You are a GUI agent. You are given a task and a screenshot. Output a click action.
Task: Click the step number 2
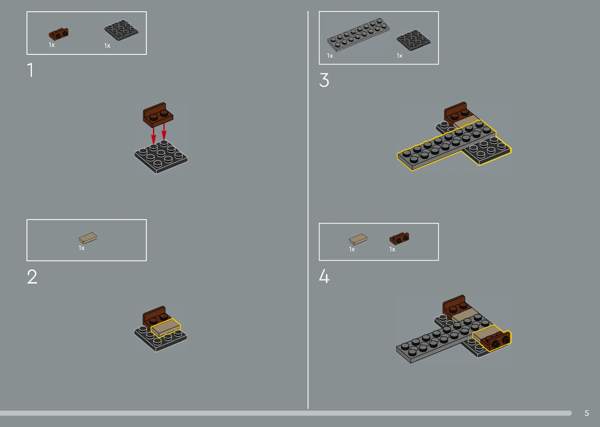pos(32,276)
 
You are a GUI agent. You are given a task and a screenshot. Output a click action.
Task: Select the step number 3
pos(324,80)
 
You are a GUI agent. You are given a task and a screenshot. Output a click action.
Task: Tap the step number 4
pos(324,276)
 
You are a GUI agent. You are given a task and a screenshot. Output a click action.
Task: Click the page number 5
pos(587,413)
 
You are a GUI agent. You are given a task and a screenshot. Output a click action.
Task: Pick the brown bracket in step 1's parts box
pos(58,34)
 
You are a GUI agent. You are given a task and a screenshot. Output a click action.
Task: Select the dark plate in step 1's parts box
pos(121,30)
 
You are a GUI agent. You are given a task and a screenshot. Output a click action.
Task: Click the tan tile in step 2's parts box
pos(88,238)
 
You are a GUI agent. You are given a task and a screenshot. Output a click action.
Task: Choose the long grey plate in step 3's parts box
pos(358,35)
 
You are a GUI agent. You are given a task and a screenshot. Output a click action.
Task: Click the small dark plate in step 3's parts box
pos(414,40)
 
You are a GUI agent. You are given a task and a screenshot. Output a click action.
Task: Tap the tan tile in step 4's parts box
pos(358,239)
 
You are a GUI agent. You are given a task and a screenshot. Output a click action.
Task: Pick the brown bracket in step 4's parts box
pos(399,238)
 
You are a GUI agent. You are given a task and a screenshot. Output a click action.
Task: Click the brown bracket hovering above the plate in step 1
pos(158,115)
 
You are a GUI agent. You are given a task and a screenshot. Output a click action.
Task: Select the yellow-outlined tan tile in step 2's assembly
pos(166,328)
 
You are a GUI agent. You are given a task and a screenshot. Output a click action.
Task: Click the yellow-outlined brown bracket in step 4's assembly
pos(496,341)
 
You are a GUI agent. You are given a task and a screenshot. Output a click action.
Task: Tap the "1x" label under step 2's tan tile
pos(82,248)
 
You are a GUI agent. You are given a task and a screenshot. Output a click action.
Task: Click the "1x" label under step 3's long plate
pos(330,56)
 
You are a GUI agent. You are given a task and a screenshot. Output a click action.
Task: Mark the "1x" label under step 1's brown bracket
pos(52,45)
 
